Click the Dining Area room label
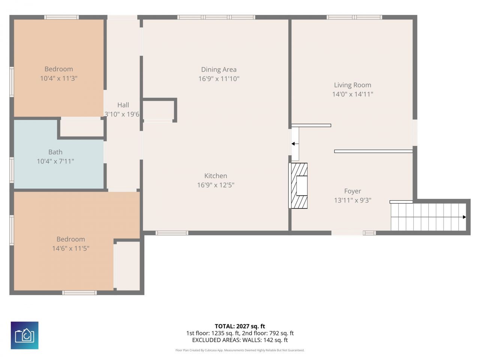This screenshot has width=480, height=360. click(219, 69)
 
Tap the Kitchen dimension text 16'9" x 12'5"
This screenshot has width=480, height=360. click(216, 185)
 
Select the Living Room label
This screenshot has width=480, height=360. click(352, 85)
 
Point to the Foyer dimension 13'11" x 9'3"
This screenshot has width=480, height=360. click(352, 200)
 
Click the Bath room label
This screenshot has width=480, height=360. click(55, 152)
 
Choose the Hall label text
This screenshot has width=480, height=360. click(123, 105)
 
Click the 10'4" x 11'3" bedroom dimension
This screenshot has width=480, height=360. click(58, 78)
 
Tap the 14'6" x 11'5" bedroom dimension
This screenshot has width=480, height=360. click(70, 248)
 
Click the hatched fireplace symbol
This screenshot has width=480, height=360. click(298, 186)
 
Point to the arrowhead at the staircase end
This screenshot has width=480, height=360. click(464, 217)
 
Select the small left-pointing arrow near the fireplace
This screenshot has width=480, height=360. click(295, 144)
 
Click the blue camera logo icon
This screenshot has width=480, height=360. click(24, 335)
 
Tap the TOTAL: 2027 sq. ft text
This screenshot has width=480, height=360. click(240, 326)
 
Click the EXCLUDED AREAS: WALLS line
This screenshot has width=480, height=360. click(240, 340)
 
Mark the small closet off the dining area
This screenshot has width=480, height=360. click(158, 110)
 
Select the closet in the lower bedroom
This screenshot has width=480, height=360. click(128, 265)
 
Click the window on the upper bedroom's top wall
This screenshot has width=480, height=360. click(61, 17)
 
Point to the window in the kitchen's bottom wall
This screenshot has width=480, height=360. click(172, 233)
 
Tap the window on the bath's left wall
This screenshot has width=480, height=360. click(12, 170)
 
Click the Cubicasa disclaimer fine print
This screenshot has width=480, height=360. click(240, 350)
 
